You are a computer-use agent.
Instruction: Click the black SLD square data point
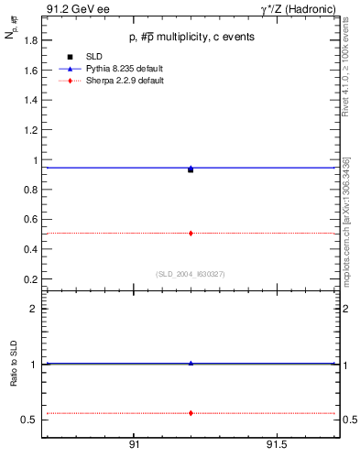click(x=191, y=170)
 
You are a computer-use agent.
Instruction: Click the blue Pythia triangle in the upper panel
click(x=191, y=168)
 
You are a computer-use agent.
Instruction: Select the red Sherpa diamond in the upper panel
click(x=191, y=234)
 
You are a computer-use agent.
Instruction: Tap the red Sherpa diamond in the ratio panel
click(x=191, y=413)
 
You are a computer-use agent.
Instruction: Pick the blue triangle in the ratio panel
click(x=191, y=364)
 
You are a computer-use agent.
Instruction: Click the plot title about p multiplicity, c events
click(x=191, y=37)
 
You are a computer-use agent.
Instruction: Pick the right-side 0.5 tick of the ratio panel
click(x=348, y=420)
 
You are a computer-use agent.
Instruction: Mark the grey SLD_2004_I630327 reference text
click(x=191, y=273)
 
